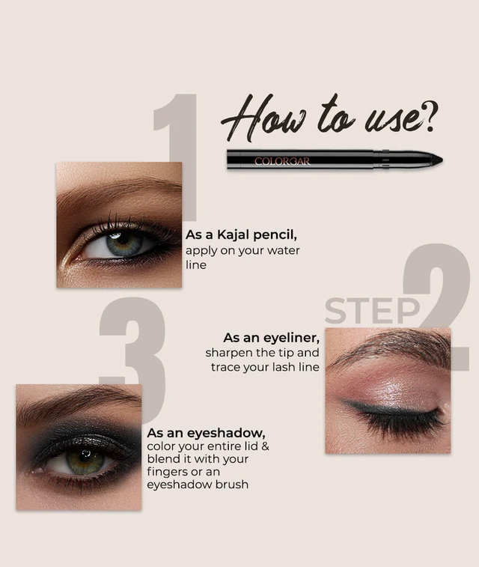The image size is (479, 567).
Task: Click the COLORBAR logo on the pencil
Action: click(281, 161)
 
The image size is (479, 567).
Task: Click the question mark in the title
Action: click(430, 116)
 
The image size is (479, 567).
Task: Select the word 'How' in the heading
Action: click(263, 118)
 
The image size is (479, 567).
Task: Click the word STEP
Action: click(372, 311)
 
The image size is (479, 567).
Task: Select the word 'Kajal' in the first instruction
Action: click(234, 235)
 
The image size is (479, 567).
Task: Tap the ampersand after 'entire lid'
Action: click(265, 446)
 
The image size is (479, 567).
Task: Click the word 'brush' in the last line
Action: click(232, 484)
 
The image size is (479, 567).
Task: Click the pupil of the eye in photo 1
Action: click(123, 239)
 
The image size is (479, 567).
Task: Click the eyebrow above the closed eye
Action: click(390, 347)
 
